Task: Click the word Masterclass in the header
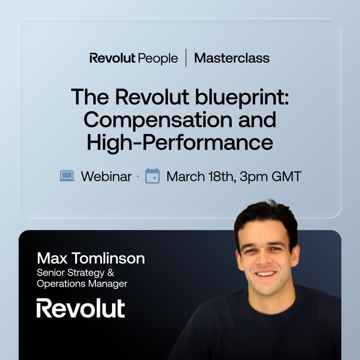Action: point(232,58)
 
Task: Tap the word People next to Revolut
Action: point(158,58)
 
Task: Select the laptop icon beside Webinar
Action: point(67,176)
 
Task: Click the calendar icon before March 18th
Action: point(153,176)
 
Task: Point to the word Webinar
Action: point(106,176)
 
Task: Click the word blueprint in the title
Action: point(243,97)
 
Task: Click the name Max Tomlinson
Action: point(91,258)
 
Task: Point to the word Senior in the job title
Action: point(51,273)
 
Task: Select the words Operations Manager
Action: point(82,283)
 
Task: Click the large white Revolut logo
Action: point(81,308)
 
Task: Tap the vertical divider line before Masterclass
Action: point(186,58)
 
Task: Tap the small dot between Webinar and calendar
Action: point(138,177)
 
